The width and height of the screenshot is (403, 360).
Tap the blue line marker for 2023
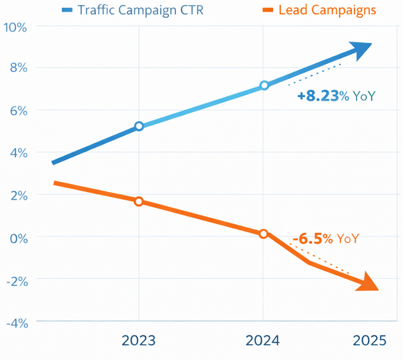tap(139, 126)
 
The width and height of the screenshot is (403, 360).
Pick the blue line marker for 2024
tap(264, 85)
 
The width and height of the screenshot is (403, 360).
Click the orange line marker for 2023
tap(139, 201)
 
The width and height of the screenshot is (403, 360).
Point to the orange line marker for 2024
tap(264, 234)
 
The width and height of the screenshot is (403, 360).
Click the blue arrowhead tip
tap(370, 45)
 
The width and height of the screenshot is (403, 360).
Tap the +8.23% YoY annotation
tap(337, 96)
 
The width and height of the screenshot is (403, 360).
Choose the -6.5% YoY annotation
tap(325, 239)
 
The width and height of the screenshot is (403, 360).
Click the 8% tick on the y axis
tap(17, 68)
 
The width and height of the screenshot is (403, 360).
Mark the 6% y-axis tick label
tap(17, 111)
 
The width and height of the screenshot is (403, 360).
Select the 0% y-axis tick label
tap(17, 237)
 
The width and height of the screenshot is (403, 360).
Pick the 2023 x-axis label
tap(139, 340)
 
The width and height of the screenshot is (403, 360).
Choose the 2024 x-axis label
tap(264, 340)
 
